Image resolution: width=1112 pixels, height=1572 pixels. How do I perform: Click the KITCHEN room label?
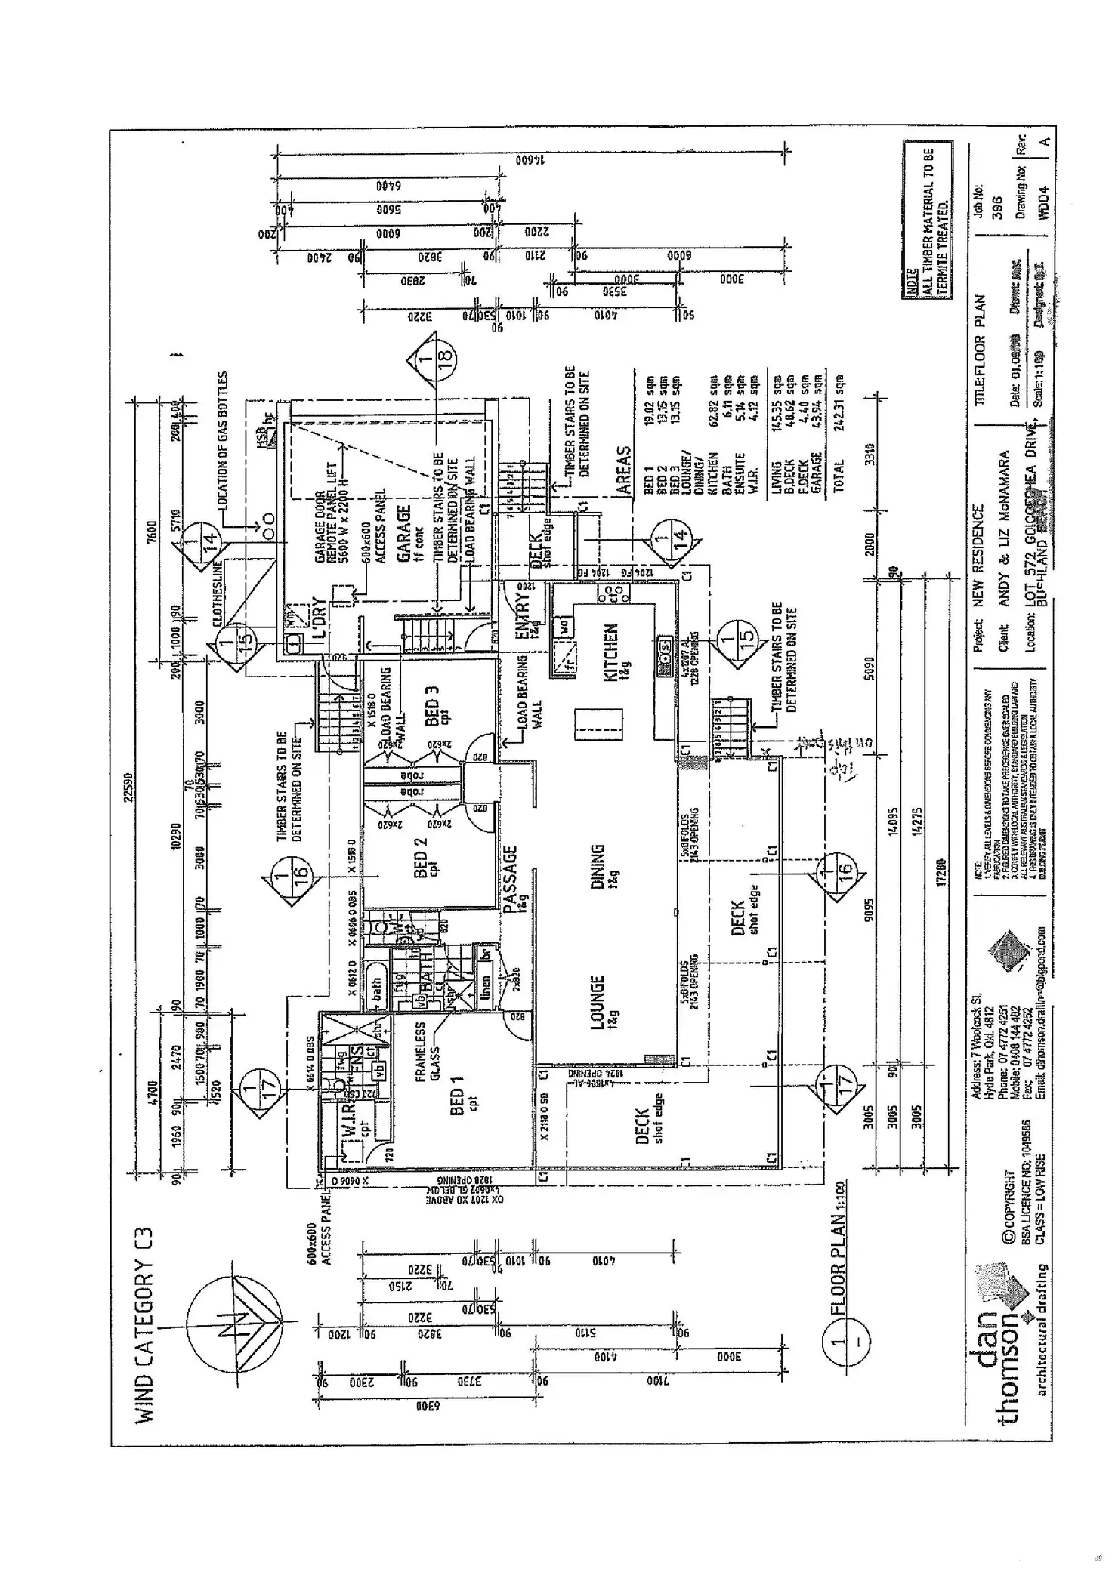point(612,654)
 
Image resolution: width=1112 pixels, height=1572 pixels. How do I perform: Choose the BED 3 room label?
point(433,705)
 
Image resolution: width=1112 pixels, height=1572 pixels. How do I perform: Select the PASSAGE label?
point(511,880)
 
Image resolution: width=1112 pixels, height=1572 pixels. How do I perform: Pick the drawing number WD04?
point(1043,199)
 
